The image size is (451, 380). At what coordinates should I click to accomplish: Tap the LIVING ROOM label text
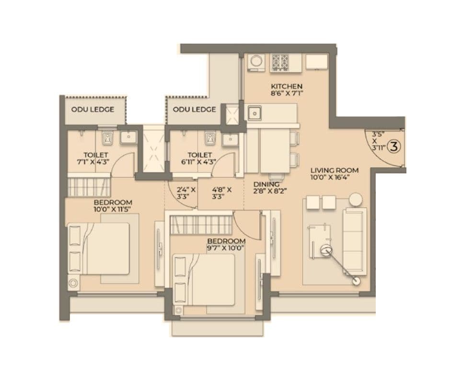tap(334, 170)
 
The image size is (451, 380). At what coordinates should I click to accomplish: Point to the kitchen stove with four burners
tap(280, 62)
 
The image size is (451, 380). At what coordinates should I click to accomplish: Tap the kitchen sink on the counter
tap(254, 113)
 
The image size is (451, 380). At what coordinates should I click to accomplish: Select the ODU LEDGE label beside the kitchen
tap(194, 110)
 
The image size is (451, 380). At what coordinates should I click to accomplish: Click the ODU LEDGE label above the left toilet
tap(93, 110)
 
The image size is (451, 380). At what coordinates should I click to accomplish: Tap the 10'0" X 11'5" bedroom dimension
tap(113, 209)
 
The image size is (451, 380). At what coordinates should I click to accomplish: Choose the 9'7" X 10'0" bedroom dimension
tap(227, 248)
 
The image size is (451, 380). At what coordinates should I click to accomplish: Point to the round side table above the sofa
tap(355, 199)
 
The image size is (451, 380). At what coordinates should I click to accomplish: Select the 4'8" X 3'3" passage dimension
tap(221, 193)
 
